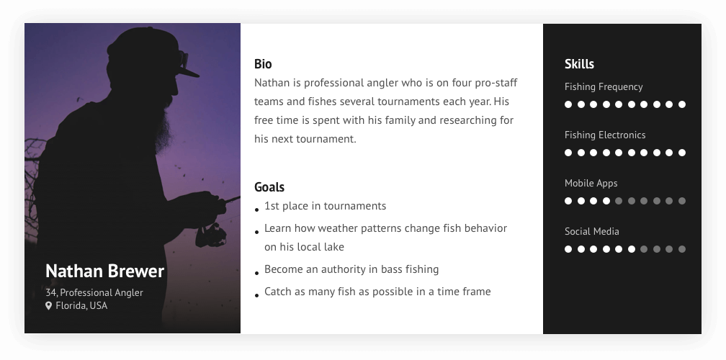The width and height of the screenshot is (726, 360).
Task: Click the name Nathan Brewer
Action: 104,271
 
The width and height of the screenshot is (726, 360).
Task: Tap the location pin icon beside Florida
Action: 48,305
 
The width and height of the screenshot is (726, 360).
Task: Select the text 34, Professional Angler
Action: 94,292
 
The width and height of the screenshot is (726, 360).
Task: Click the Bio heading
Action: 263,64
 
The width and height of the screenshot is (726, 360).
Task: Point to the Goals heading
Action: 269,187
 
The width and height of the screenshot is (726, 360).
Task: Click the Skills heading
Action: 579,64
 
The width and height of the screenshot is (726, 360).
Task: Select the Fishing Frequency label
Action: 604,87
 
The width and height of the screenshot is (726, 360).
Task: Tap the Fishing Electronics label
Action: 605,135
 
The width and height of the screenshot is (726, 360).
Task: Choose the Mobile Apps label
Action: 591,183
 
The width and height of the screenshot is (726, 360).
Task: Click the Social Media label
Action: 592,231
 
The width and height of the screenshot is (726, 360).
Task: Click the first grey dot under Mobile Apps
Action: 619,201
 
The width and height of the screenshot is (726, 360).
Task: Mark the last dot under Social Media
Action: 682,249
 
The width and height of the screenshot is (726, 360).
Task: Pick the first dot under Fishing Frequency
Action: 568,104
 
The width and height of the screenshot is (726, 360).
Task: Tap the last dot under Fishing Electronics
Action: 682,153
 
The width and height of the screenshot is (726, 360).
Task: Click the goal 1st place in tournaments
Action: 325,206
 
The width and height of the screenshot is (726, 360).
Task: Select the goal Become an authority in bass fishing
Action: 351,269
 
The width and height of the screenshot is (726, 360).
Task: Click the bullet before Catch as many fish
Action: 257,295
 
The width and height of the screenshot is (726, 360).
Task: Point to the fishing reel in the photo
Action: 210,235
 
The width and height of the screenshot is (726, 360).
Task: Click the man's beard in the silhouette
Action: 163,125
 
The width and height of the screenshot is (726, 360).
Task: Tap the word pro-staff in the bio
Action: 496,83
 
